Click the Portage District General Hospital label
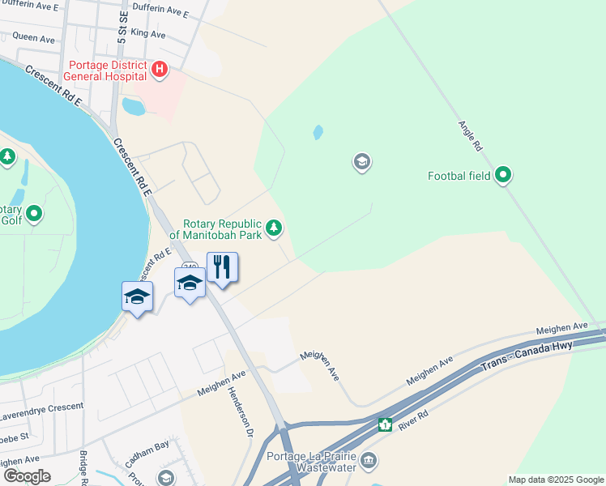(108, 70)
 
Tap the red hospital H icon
(160, 70)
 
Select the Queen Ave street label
(33, 38)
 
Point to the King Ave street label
(147, 35)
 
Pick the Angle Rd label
(470, 137)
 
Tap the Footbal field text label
(459, 175)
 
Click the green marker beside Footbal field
(503, 174)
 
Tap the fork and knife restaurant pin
(222, 267)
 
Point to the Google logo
(27, 475)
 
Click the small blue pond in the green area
(318, 131)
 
